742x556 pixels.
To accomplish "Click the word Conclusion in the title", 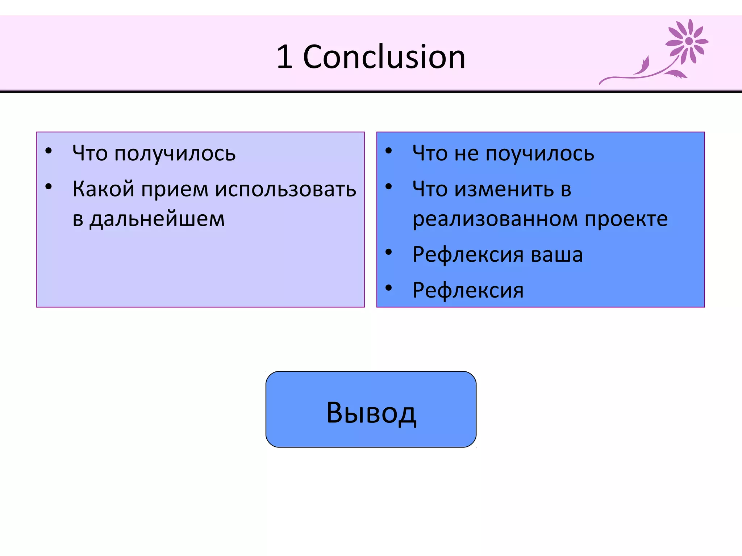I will coord(384,57).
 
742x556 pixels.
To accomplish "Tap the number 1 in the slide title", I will coord(285,57).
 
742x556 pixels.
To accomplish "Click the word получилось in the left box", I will coord(175,154).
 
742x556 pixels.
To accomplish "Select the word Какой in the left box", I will coord(103,189).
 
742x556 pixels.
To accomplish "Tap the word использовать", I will coord(286,190).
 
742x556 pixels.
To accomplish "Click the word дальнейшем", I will coord(157,219).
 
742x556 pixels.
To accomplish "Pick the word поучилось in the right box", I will coord(540,154).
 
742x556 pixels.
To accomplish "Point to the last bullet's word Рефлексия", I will coord(468,290).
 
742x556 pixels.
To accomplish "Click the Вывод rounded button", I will coord(371,409).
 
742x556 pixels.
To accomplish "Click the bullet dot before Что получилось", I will coord(49,151).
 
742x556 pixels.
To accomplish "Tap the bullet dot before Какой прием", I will coord(49,187).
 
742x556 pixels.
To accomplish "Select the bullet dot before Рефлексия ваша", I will coord(389,252).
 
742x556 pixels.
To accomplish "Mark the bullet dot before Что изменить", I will coord(389,187).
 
